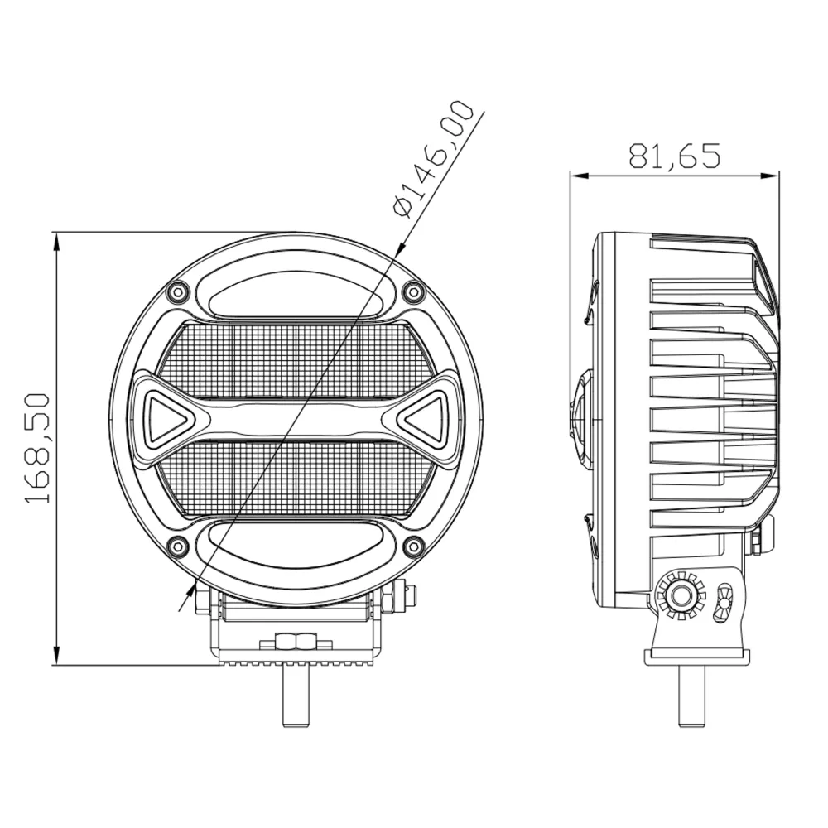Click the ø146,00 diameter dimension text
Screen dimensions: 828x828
coord(435,157)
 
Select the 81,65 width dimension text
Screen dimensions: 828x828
coord(675,156)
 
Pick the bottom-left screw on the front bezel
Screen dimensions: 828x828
coord(176,546)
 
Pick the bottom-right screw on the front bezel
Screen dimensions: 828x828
coord(414,546)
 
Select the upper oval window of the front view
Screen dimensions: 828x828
coord(294,294)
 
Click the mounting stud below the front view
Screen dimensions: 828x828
coord(296,696)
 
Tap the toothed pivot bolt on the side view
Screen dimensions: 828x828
coord(681,594)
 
